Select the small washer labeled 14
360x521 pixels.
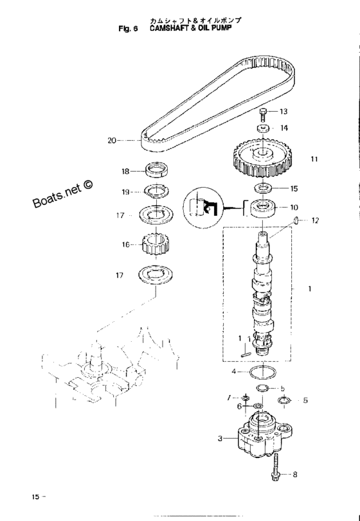point(263,128)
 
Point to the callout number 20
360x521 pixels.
point(112,141)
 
